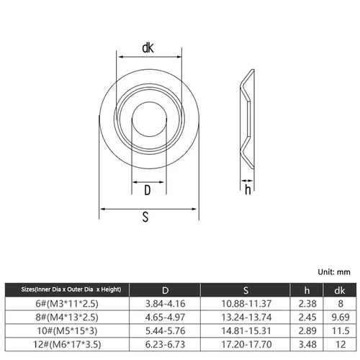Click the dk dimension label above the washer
point(148,48)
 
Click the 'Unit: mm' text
point(333,272)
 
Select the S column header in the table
point(246,290)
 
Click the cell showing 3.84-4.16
point(166,304)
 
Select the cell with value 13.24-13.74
point(246,318)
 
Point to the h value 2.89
point(307,331)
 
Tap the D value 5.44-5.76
point(166,331)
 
